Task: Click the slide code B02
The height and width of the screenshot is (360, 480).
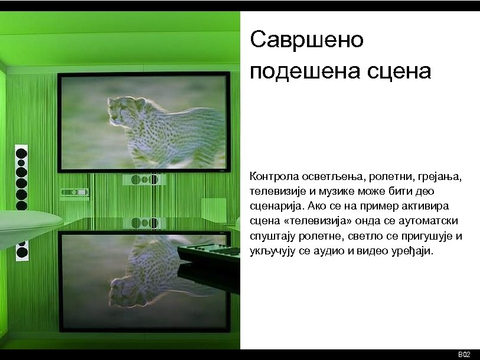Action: [x=464, y=354]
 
